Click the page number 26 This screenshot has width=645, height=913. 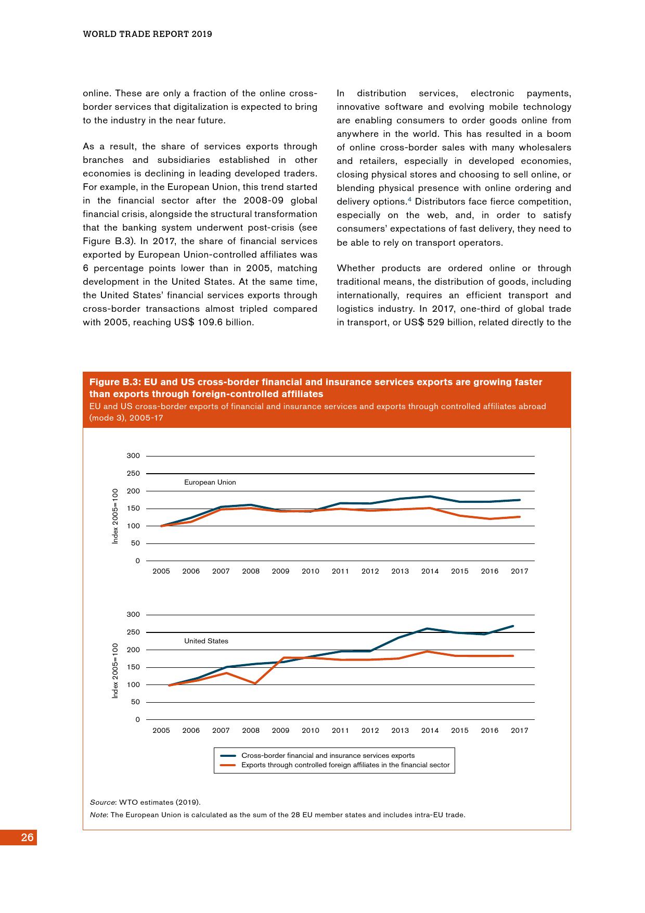pos(28,838)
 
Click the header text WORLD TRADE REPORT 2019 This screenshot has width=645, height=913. pos(147,34)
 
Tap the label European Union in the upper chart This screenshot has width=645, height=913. pos(210,483)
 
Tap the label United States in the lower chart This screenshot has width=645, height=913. pos(206,641)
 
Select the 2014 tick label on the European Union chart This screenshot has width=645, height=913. pos(430,572)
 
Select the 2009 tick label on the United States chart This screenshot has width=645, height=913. pos(280,730)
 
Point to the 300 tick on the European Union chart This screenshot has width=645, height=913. pos(133,456)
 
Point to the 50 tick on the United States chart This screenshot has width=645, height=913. pos(135,702)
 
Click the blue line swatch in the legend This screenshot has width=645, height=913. pos(228,756)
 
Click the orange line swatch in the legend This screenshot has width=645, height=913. pos(228,765)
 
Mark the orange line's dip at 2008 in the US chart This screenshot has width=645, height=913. pos(255,683)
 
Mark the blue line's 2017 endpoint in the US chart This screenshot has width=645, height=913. pos(513,626)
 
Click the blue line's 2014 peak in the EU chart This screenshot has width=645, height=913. pos(430,497)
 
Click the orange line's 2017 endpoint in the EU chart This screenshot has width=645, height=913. pos(520,517)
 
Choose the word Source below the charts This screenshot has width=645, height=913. pos(102,802)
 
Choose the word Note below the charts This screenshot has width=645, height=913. pos(98,815)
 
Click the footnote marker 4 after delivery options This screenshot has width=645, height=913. pos(410,199)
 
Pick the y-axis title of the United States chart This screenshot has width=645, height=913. pos(115,670)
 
